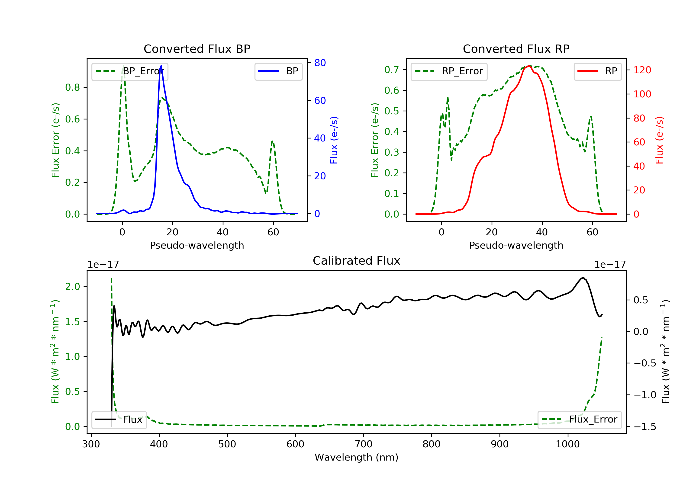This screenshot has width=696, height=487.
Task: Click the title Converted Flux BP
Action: [197, 49]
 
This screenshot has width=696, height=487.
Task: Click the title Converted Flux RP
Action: [516, 49]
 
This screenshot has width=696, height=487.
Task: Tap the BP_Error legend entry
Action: [130, 71]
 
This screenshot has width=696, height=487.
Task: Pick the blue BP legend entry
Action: [278, 71]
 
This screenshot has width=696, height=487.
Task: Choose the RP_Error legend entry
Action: [449, 71]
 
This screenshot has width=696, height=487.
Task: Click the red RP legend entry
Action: [597, 71]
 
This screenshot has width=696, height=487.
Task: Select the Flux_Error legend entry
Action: [579, 420]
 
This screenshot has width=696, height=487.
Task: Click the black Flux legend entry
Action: [119, 420]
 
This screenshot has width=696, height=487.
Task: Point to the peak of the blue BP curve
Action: [161, 66]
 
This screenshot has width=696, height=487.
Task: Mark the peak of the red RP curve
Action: [529, 66]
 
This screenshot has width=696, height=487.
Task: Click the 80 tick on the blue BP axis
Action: [320, 63]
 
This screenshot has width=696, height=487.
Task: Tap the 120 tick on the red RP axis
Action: [642, 70]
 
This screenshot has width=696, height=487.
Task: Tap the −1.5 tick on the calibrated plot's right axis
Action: [645, 427]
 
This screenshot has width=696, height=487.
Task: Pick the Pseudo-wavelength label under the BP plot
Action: [197, 245]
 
